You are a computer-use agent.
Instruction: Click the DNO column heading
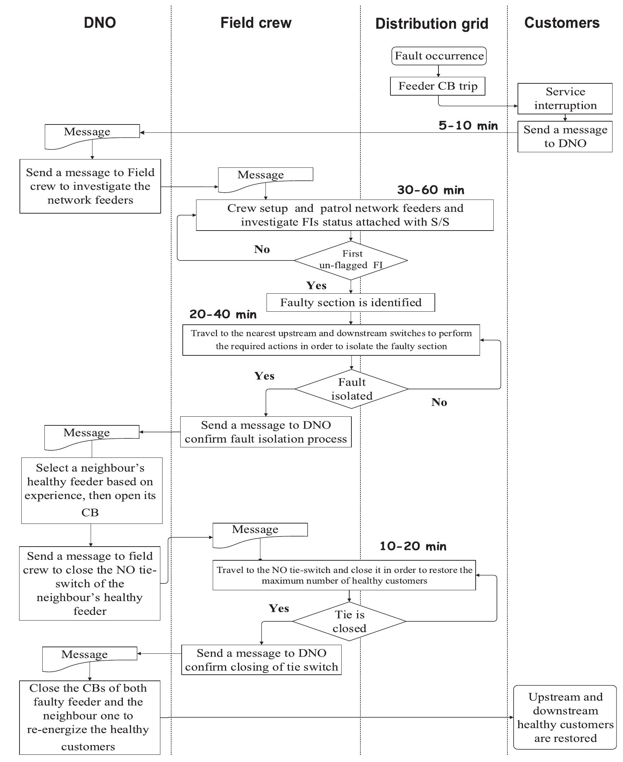point(100,22)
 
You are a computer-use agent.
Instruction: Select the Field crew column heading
point(256,23)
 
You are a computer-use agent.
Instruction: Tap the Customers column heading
point(562,23)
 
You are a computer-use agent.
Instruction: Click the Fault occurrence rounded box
point(439,56)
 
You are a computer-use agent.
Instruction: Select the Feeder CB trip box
point(437,86)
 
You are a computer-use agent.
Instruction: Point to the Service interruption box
point(565,98)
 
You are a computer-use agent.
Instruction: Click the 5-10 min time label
point(468,126)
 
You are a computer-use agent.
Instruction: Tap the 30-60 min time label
point(431,190)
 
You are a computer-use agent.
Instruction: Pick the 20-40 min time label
point(223,314)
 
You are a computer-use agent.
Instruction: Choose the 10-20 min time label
point(413,546)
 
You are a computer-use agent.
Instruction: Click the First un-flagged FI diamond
point(351,260)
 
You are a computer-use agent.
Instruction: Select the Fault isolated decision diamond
point(351,389)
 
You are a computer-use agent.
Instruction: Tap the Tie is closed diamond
point(349,621)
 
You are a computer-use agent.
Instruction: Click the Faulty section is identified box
point(350,302)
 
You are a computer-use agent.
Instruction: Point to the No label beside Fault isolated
point(439,402)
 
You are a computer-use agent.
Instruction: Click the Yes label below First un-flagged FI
point(316,285)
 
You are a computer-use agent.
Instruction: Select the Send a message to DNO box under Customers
point(565,136)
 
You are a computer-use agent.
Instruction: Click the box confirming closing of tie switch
point(261,660)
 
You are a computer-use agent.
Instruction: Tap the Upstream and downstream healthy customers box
point(565,717)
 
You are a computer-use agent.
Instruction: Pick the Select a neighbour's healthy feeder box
point(92,490)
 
